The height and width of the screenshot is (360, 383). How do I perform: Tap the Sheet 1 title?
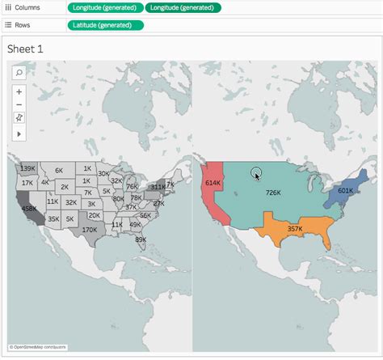tap(25, 49)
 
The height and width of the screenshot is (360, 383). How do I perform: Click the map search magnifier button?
tap(19, 72)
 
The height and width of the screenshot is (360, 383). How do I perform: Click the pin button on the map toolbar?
tap(19, 117)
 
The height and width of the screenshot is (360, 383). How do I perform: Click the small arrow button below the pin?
tap(19, 132)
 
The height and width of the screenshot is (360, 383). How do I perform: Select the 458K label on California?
tap(29, 209)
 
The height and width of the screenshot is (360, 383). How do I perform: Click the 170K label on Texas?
tap(90, 230)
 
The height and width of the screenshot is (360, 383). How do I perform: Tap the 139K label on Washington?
tap(28, 168)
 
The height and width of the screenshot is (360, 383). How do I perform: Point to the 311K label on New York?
tap(158, 186)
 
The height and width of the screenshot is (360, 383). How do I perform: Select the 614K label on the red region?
tap(213, 183)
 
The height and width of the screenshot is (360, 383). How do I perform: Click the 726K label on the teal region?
tap(273, 193)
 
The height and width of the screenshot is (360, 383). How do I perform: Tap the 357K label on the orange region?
tap(295, 229)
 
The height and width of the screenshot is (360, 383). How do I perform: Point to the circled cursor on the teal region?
tap(256, 173)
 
